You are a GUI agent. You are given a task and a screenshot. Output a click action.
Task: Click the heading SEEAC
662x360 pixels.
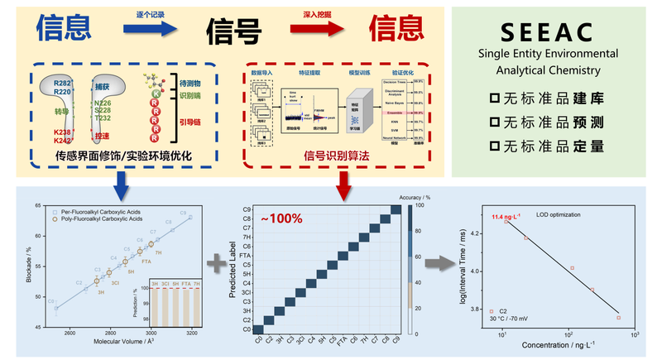547,33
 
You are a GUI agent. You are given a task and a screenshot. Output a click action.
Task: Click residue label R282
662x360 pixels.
63,84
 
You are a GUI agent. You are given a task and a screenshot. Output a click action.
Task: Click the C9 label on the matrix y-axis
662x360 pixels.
247,209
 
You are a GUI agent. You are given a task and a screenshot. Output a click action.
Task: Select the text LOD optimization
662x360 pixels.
574,214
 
